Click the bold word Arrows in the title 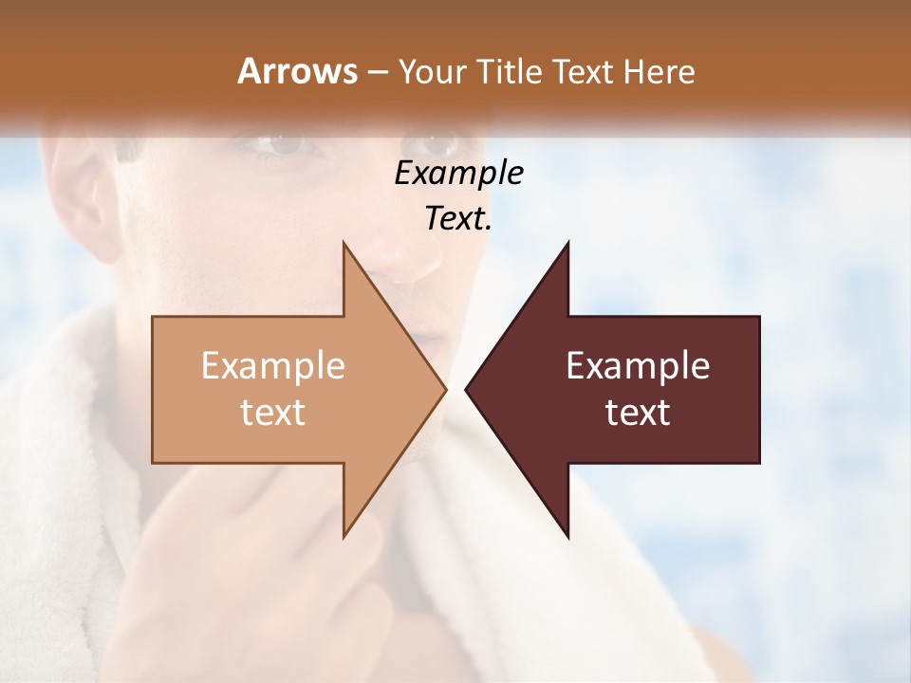point(297,71)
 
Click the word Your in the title point(434,71)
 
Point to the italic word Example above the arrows point(458,174)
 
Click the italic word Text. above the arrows point(458,219)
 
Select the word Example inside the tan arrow point(273,366)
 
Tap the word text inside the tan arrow point(273,413)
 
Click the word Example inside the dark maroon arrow point(638,366)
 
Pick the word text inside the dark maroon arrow point(638,413)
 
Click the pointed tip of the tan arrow point(445,389)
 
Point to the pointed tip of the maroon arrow point(466,389)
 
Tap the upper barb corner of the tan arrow point(344,244)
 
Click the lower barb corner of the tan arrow point(344,536)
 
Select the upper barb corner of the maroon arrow point(567,244)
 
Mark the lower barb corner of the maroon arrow point(567,536)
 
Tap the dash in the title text point(377,72)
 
